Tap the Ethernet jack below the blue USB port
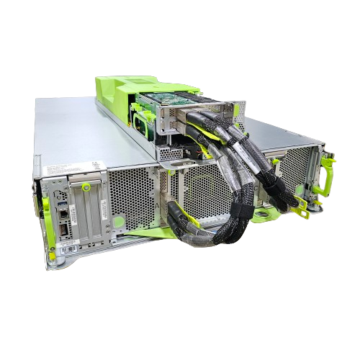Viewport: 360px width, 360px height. [65, 228]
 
